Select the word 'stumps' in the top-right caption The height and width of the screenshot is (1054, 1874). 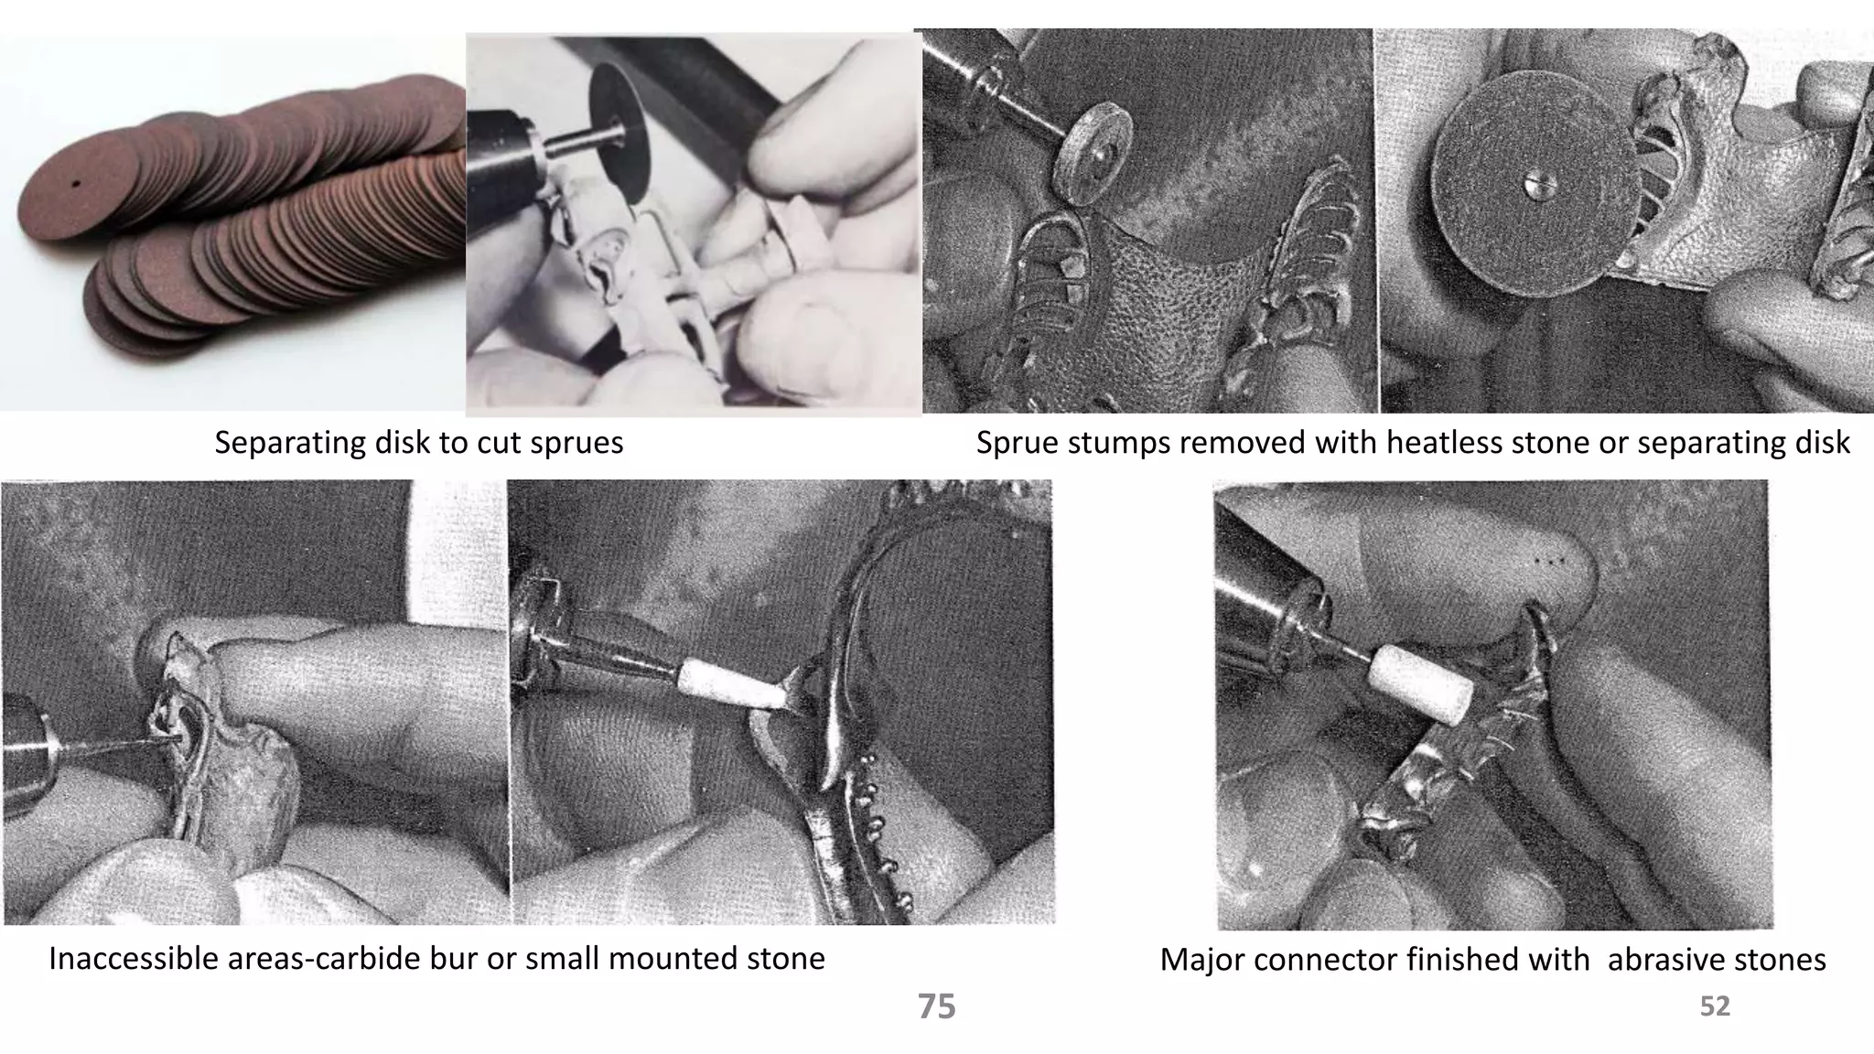pyautogui.click(x=1118, y=443)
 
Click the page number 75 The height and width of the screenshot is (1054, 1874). pyautogui.click(x=936, y=1006)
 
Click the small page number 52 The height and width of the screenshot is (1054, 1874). pyautogui.click(x=1715, y=1006)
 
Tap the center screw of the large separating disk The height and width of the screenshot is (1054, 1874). pyautogui.click(x=1535, y=186)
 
